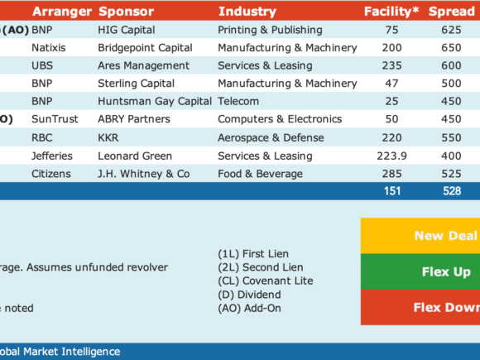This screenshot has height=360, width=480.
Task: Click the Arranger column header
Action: click(62, 12)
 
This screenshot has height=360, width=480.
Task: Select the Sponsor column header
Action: click(126, 12)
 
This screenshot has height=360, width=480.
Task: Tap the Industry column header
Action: click(247, 12)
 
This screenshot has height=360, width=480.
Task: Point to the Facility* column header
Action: click(391, 12)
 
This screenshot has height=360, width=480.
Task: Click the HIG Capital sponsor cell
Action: click(127, 30)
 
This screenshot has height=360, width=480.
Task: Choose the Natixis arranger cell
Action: click(49, 48)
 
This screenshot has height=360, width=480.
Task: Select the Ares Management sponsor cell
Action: click(143, 65)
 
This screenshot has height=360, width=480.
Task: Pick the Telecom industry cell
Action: click(238, 101)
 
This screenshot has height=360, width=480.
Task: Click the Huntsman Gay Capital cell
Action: click(155, 101)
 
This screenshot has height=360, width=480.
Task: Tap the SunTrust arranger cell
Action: click(55, 119)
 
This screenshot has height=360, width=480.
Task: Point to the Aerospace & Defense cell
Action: click(271, 137)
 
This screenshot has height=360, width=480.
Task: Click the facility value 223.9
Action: click(391, 156)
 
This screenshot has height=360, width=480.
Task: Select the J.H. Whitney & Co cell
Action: click(143, 174)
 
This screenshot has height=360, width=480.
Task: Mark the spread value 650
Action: click(451, 48)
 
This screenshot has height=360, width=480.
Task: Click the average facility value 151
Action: click(392, 191)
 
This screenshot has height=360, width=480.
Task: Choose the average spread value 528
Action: click(452, 191)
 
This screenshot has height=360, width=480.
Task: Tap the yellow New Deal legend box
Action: click(420, 236)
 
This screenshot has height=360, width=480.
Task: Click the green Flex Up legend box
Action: click(420, 271)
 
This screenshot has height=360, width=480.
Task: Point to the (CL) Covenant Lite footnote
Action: click(266, 281)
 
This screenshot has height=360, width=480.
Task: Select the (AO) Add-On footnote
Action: click(249, 308)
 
